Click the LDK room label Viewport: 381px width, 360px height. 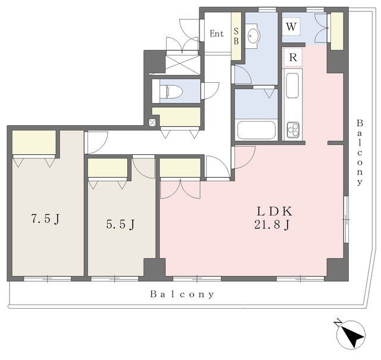point(274,211)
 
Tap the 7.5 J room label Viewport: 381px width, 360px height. point(45,219)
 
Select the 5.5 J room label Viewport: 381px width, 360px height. point(120,224)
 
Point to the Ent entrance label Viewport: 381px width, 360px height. point(217,33)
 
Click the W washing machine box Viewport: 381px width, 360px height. point(291,26)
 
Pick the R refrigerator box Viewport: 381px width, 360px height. point(293,57)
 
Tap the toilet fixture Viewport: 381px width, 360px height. point(171,92)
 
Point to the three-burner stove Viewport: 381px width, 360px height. point(293,130)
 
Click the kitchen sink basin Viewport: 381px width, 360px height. point(292,85)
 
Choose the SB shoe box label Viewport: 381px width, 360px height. point(236,36)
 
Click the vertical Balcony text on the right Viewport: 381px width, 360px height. point(360,153)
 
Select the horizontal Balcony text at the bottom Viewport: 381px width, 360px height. point(182,294)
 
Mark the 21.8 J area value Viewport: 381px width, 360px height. point(272,225)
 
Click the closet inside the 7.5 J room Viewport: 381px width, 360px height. point(34,142)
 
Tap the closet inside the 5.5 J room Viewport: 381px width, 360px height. point(108,168)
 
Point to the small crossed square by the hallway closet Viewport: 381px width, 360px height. point(152,122)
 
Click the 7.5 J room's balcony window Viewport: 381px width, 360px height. point(48,279)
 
